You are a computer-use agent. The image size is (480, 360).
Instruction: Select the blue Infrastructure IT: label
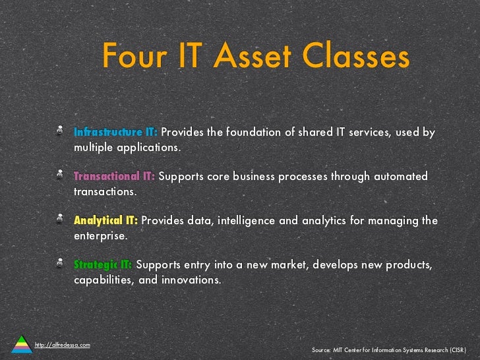[115, 132]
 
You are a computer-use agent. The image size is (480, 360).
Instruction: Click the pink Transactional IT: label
[114, 176]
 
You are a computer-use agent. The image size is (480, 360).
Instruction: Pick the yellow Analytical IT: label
[106, 220]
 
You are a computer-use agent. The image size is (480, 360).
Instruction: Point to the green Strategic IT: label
[103, 264]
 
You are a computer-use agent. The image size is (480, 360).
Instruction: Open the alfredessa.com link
[63, 345]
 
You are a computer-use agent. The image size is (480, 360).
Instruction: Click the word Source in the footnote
[321, 349]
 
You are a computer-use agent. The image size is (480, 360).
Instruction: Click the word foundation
[254, 132]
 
